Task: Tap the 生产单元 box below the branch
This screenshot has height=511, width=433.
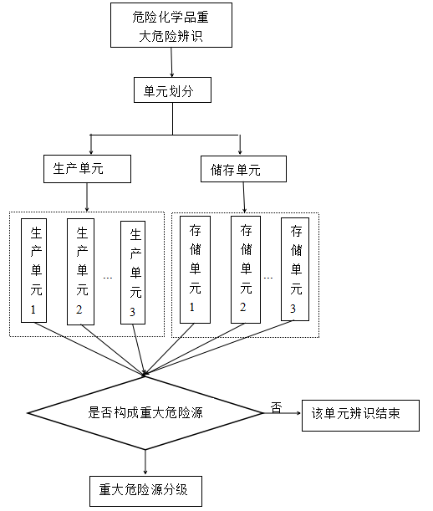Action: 87,169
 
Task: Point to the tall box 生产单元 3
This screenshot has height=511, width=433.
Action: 135,271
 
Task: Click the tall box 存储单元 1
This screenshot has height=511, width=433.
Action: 195,271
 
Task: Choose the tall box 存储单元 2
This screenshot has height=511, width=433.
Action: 246,271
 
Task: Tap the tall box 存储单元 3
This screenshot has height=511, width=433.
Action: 293,271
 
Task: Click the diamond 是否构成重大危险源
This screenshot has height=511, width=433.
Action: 147,412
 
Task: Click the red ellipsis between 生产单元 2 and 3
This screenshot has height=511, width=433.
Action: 109,277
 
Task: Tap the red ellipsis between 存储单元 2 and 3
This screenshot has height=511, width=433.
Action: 268,277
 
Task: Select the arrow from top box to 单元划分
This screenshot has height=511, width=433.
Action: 171,63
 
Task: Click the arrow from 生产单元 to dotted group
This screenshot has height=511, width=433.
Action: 87,197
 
